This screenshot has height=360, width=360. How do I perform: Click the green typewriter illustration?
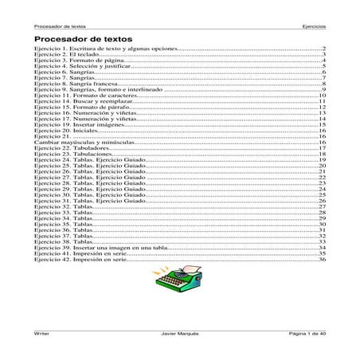(x=179, y=279)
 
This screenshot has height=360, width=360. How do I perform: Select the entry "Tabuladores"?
(x=88, y=148)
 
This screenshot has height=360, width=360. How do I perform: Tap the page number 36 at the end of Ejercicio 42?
(x=322, y=260)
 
